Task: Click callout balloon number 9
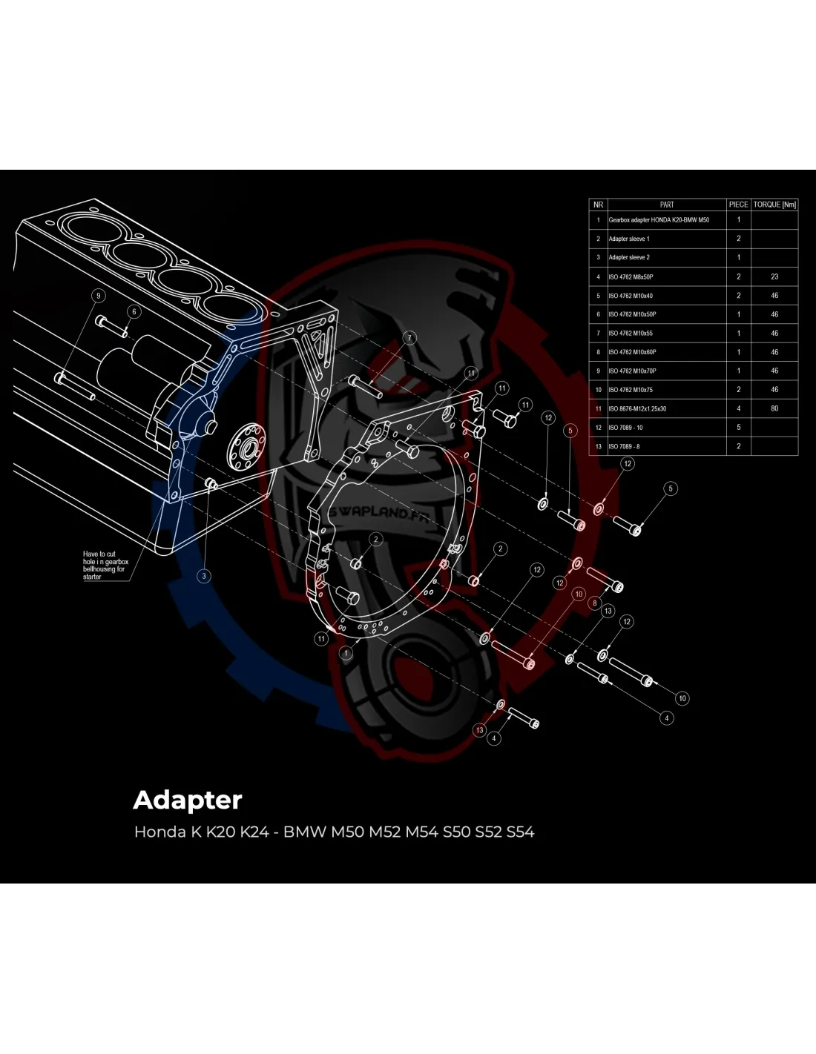[96, 295]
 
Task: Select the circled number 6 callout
[134, 312]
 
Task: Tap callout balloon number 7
[409, 338]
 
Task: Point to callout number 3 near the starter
[205, 576]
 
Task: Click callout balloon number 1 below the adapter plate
[346, 654]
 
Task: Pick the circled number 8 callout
[593, 603]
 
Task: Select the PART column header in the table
[666, 205]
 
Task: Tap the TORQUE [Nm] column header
[774, 205]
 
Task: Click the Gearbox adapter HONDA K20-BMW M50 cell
[658, 220]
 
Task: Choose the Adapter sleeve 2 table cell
[628, 257]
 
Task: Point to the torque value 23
[774, 276]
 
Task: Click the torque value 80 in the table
[774, 408]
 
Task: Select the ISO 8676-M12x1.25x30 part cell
[636, 408]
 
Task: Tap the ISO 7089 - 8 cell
[623, 446]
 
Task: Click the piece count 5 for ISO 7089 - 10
[738, 428]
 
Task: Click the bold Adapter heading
[188, 801]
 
